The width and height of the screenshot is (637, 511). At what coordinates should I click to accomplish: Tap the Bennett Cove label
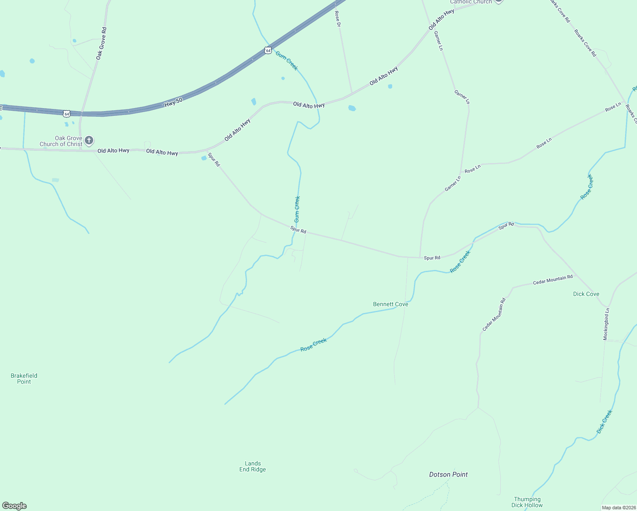(x=390, y=304)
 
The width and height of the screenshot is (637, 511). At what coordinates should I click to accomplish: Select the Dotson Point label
(x=448, y=474)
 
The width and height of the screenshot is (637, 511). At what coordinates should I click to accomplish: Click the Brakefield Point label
(x=24, y=379)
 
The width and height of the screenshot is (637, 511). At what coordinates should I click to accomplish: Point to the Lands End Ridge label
(x=253, y=466)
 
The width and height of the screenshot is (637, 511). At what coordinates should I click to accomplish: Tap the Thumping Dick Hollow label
(x=527, y=502)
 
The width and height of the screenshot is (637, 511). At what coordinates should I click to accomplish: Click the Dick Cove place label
(x=586, y=294)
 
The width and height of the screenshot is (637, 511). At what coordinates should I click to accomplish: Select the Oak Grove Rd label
(x=101, y=43)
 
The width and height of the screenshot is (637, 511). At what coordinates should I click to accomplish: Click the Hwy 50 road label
(x=173, y=102)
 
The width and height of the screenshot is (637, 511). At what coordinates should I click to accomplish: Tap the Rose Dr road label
(x=338, y=19)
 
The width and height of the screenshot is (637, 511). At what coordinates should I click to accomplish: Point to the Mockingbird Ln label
(x=606, y=324)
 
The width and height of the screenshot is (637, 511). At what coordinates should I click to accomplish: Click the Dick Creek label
(x=604, y=422)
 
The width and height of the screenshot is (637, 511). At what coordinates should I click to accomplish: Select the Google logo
(x=14, y=506)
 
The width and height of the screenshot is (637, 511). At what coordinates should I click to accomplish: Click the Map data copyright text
(x=619, y=508)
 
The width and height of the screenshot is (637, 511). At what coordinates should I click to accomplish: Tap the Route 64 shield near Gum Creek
(x=267, y=50)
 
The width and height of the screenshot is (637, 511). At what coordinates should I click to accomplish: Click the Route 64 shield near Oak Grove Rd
(x=66, y=114)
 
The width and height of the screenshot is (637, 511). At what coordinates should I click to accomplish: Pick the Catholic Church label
(x=471, y=2)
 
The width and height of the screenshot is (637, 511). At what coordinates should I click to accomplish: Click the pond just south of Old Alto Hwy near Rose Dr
(x=352, y=108)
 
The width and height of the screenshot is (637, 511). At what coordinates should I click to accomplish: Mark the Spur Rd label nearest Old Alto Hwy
(x=214, y=159)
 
